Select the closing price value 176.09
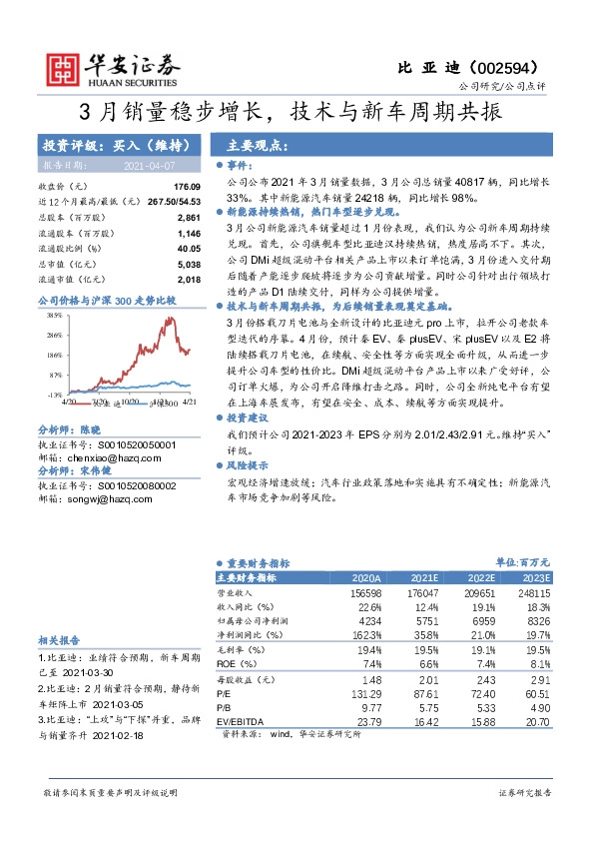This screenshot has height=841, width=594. tap(187, 187)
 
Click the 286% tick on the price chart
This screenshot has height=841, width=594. tap(54, 336)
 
